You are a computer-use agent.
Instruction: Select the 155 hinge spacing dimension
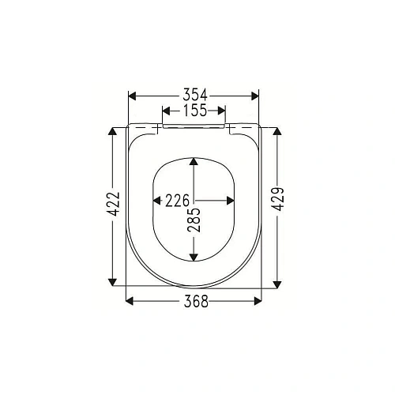(194, 111)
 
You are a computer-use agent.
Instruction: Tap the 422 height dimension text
(114, 205)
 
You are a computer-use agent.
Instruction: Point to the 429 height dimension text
(278, 205)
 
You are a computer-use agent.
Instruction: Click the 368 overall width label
(194, 301)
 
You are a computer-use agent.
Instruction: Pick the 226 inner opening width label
(178, 201)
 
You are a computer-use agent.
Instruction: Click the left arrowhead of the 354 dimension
(133, 96)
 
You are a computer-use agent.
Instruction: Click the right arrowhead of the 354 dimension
(254, 96)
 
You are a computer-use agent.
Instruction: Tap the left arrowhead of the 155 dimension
(167, 111)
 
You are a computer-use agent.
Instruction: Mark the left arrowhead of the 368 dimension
(132, 301)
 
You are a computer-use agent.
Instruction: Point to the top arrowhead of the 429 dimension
(278, 131)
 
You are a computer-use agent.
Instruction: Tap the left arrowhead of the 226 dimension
(155, 201)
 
